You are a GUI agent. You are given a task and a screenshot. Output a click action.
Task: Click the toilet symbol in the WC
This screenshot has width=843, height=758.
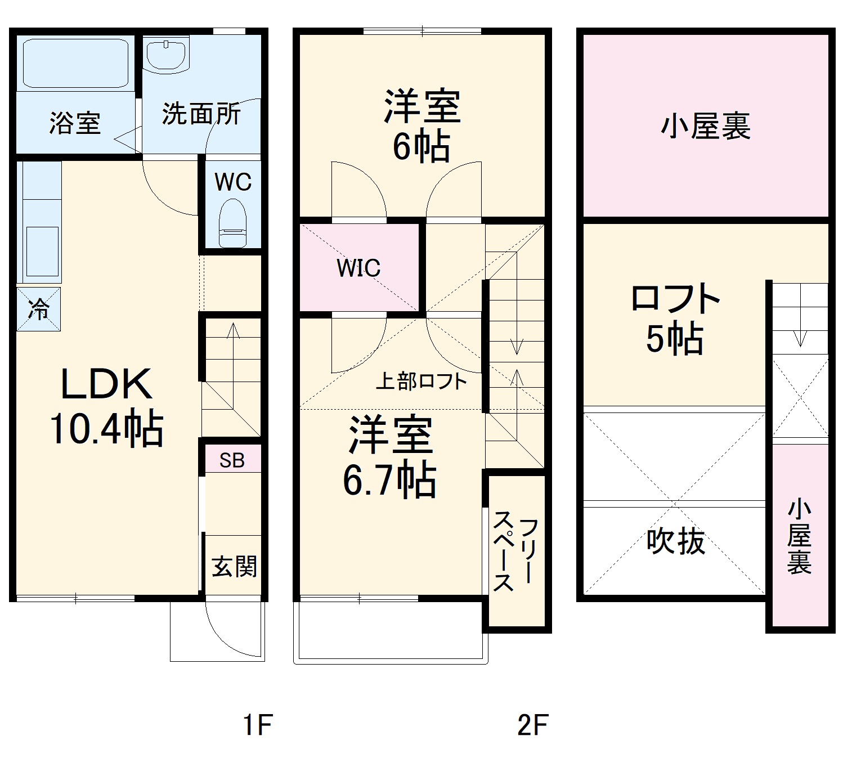click(x=232, y=224)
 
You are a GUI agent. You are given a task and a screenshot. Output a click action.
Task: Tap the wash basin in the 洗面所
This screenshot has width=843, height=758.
click(x=167, y=55)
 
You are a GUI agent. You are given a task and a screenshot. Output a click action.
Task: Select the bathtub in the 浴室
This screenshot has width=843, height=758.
click(x=75, y=62)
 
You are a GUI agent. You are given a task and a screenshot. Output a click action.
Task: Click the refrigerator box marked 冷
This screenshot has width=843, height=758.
click(x=38, y=309)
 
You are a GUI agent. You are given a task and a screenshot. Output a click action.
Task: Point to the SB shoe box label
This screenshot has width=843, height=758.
click(x=232, y=460)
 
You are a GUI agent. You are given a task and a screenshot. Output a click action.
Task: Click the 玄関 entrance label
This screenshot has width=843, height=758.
click(x=234, y=566)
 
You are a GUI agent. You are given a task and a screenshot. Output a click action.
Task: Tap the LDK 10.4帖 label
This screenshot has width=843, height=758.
click(x=106, y=406)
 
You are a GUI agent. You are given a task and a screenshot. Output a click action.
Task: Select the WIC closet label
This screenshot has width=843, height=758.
click(x=358, y=268)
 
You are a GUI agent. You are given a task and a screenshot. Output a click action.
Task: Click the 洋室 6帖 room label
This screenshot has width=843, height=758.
click(x=422, y=125)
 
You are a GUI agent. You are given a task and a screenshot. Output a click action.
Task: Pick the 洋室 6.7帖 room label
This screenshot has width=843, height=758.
click(x=390, y=456)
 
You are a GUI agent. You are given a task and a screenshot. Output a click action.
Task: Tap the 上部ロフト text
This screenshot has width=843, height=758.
click(x=421, y=382)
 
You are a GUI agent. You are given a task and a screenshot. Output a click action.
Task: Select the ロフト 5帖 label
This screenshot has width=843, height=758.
click(x=675, y=319)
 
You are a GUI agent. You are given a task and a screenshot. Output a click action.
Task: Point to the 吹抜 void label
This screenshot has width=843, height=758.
click(x=675, y=541)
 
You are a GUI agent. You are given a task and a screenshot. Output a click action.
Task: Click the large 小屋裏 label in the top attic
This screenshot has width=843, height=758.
click(x=706, y=126)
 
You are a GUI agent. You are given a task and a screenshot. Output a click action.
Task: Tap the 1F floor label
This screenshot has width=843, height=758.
click(x=258, y=725)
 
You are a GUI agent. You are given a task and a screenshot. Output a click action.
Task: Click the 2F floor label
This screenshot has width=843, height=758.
click(x=532, y=725)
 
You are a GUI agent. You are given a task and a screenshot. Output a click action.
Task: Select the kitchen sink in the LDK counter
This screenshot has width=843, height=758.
click(x=42, y=252)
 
